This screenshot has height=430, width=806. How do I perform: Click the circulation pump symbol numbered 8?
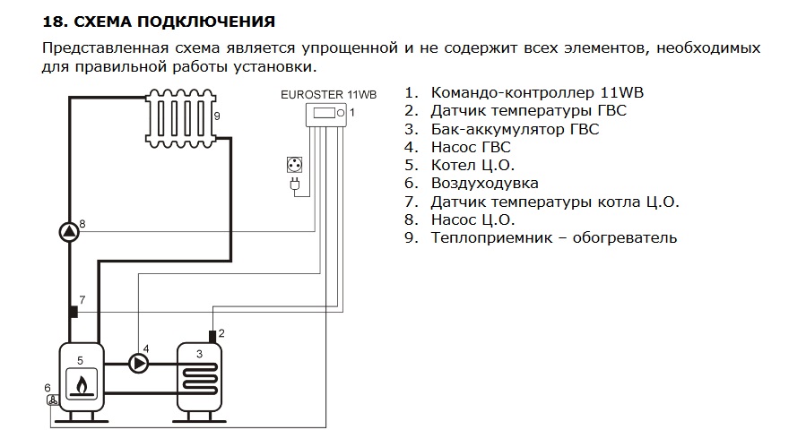click(x=69, y=231)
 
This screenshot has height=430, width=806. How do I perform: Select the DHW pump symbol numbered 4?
click(x=138, y=363)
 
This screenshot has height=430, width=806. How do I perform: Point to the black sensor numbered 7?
click(x=73, y=311)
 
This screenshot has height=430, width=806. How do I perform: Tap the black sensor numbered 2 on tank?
click(x=212, y=336)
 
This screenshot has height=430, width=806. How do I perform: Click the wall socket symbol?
click(x=292, y=165)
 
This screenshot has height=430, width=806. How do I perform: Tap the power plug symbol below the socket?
click(x=292, y=185)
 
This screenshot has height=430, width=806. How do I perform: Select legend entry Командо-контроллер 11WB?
click(x=538, y=93)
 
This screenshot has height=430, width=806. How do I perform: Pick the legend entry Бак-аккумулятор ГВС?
click(x=515, y=129)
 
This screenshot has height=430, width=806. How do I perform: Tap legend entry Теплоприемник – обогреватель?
click(x=553, y=238)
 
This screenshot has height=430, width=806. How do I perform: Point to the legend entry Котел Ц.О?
click(x=472, y=166)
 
